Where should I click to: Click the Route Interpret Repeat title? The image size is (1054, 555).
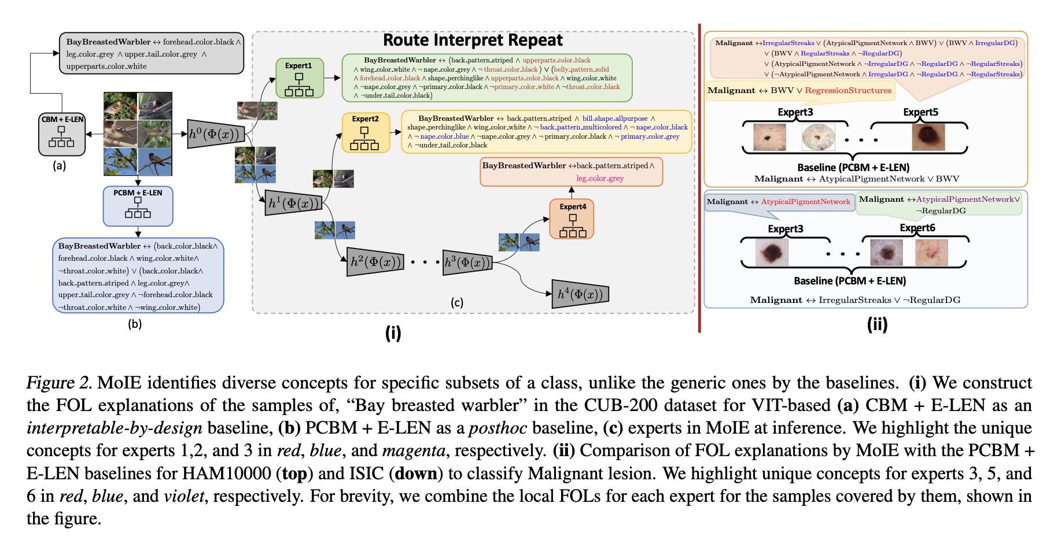coord(473,40)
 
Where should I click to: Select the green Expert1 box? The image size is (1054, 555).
coord(298,78)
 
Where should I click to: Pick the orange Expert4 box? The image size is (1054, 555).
coord(572,219)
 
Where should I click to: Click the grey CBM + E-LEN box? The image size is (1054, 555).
coord(62,134)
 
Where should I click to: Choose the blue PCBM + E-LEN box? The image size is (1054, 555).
coord(138,205)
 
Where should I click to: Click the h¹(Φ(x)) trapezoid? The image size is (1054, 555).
coord(293,203)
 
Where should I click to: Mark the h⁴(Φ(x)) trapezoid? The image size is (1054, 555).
coord(580,294)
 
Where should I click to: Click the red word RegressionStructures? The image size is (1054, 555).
coord(848,90)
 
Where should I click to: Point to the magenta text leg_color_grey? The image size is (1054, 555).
coord(600,179)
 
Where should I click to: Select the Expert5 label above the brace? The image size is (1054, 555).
coord(920,112)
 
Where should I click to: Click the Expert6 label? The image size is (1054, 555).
coord(917,228)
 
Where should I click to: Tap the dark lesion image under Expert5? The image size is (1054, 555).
coord(928,136)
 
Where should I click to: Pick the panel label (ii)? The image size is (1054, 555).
coord(877,324)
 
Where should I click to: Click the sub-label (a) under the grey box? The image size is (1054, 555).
coord(59,166)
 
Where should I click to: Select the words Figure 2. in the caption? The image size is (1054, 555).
coord(60,383)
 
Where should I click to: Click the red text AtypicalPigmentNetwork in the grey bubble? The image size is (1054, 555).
coord(805,202)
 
